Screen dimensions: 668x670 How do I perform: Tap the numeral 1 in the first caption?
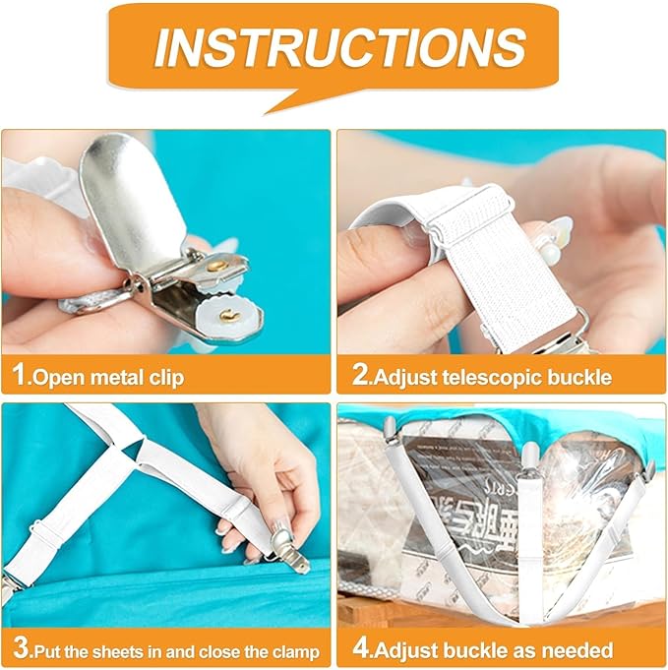[20, 374]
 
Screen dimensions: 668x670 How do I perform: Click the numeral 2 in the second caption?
[360, 374]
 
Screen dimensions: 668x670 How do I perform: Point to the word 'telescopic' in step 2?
[492, 378]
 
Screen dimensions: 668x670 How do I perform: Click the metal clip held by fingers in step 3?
[287, 550]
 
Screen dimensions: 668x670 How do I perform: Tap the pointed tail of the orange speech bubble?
[266, 113]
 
